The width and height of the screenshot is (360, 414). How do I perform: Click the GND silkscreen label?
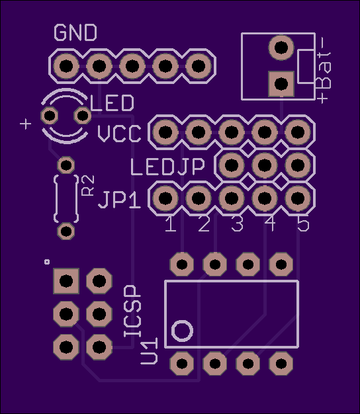[x=75, y=33]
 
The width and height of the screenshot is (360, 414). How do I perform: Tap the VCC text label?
[x=119, y=134]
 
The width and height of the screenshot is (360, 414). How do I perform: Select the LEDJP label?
[x=167, y=167]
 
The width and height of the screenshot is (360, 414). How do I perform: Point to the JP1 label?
[x=119, y=200]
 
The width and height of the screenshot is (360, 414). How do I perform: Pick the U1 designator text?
[x=150, y=351]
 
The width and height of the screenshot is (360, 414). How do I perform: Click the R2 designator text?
[x=88, y=185]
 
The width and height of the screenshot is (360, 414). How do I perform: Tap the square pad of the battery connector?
[x=281, y=84]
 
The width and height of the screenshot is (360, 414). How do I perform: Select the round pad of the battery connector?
[x=281, y=48]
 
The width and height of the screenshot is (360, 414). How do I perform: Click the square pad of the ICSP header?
[x=66, y=280]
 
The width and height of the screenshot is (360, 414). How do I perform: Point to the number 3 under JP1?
[x=237, y=224]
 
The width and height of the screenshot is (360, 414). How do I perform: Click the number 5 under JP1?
[x=303, y=224]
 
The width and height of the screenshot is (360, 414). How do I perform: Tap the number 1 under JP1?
[x=171, y=224]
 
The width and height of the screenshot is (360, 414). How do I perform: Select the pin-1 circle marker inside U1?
[x=182, y=331]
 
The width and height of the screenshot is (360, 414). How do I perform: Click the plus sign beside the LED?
[x=26, y=124]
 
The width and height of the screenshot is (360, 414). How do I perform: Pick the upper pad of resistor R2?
[x=66, y=165]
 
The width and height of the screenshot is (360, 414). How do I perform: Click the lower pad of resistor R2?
[x=66, y=231]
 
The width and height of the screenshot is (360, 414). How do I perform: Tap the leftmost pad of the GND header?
[x=66, y=65]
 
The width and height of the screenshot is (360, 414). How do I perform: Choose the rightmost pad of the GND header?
[x=199, y=65]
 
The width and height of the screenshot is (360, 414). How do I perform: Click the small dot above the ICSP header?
[x=47, y=262]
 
